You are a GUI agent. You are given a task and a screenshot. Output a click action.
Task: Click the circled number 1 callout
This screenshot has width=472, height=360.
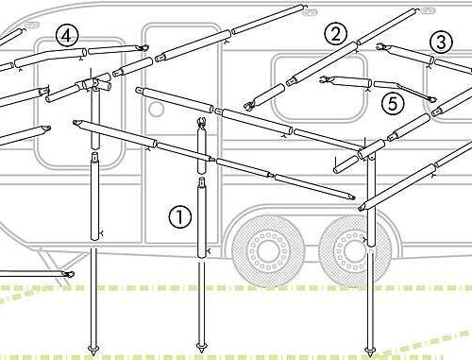(180, 216)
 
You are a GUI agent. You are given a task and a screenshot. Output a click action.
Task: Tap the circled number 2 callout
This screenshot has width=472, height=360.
(336, 34)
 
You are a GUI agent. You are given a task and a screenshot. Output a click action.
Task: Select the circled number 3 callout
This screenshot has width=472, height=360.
(441, 42)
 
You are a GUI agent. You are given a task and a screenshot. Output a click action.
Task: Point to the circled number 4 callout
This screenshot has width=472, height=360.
(66, 36)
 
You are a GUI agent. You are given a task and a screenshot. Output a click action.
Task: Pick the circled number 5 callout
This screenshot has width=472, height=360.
(393, 103)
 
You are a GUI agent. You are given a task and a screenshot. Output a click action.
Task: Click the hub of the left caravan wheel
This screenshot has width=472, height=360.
(268, 250)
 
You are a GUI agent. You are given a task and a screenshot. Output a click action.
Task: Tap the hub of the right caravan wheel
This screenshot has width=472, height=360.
(354, 250)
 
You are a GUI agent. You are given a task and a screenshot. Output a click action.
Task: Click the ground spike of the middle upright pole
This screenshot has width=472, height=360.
(201, 348)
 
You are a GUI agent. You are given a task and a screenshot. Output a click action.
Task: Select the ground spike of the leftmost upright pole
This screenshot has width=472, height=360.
(93, 350)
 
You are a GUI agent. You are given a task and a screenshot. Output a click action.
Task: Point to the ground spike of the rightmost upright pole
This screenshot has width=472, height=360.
(370, 351)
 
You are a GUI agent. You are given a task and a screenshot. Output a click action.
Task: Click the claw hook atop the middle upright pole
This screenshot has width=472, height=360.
(201, 121)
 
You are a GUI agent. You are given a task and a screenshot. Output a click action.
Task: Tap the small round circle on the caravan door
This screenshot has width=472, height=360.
(156, 109)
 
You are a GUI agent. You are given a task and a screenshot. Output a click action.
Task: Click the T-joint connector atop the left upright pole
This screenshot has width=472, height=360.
(94, 84)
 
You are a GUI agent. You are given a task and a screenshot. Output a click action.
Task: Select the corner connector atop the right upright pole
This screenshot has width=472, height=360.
(371, 151)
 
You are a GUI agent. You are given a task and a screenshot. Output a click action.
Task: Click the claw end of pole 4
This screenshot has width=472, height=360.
(143, 48)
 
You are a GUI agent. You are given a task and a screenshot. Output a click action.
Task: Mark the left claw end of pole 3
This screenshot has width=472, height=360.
(382, 46)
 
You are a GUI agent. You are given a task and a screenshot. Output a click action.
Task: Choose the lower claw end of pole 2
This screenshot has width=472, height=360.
(250, 106)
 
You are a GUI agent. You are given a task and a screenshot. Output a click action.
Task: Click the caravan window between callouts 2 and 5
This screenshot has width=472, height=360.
(319, 88)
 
